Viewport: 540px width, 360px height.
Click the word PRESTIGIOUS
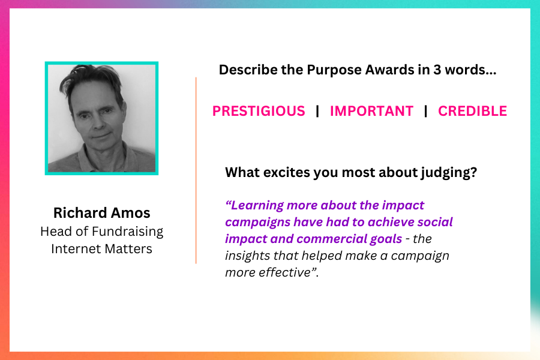[x=259, y=111]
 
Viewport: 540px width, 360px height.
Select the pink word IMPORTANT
[x=371, y=111]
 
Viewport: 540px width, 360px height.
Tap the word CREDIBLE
[x=473, y=111]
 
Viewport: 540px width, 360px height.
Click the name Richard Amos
[x=101, y=213]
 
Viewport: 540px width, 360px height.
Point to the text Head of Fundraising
[x=101, y=232]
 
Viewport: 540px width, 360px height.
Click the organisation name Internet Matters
[x=101, y=249]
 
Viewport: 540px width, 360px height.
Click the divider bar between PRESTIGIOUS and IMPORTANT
[x=317, y=111]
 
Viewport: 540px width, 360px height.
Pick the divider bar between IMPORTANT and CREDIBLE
[x=425, y=111]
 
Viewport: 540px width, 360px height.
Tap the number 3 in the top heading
[x=437, y=70]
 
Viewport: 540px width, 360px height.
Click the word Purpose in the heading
[x=334, y=70]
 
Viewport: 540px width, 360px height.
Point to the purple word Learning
[x=257, y=206]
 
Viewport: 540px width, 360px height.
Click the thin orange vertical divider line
[x=196, y=170]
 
